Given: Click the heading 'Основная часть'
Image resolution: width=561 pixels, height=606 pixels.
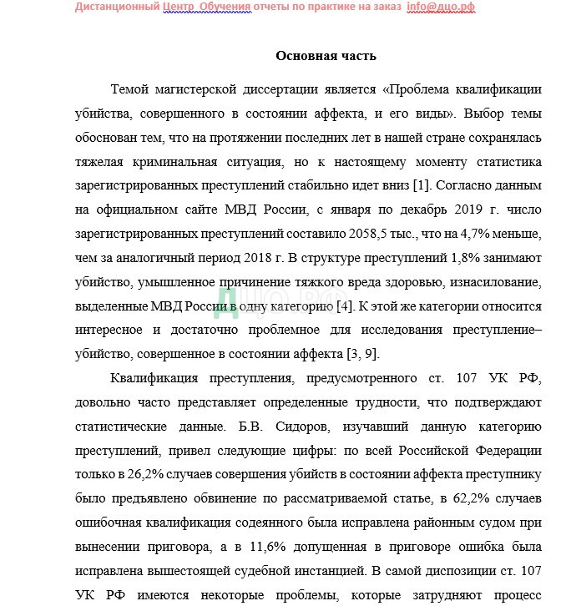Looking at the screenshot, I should [x=326, y=56].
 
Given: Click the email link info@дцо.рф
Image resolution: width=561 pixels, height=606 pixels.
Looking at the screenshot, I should [x=440, y=7].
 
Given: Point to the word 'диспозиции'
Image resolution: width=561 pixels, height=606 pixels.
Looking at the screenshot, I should [x=457, y=573].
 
